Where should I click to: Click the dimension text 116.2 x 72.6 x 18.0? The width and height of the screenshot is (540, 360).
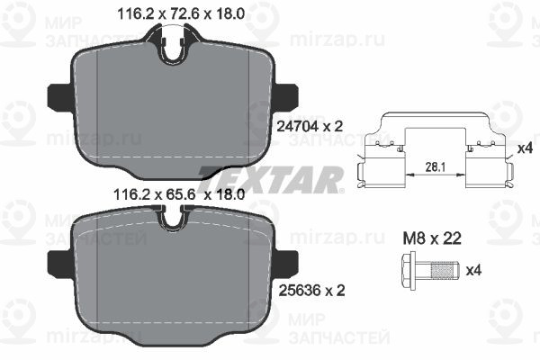point(181,13)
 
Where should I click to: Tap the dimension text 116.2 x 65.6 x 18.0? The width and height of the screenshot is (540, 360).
point(179,195)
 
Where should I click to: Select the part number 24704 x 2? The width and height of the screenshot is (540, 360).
point(310,127)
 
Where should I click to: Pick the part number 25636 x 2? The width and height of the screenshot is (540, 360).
point(311,291)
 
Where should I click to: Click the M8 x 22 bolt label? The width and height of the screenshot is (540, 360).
point(432,238)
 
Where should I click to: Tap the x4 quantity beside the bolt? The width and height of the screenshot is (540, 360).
point(473,270)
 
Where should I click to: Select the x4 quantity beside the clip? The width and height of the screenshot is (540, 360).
point(526,148)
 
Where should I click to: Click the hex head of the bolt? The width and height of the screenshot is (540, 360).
point(409,270)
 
